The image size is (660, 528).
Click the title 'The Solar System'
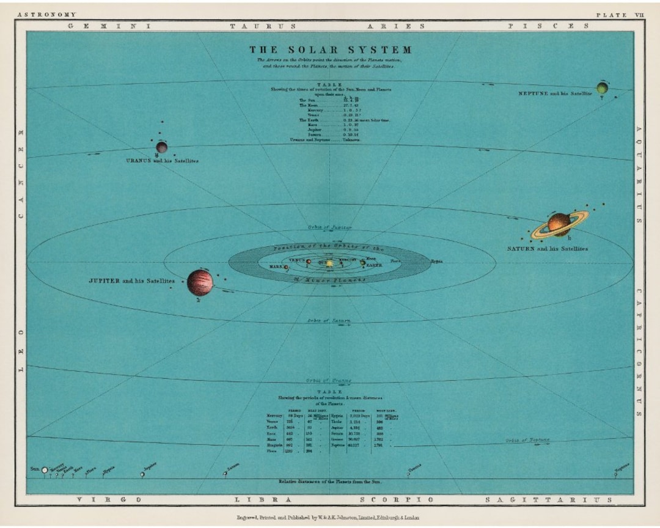330,50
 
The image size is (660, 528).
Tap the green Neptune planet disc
602,89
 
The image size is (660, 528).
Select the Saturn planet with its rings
559,224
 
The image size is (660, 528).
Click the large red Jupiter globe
200,282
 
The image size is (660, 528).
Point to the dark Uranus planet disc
161,147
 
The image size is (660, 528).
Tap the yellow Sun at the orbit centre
329,263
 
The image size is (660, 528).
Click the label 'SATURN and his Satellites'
547,249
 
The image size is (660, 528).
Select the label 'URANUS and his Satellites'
161,161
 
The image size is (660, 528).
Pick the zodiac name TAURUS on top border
263,26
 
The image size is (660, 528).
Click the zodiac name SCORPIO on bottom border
398,499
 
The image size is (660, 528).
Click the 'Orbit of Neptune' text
527,440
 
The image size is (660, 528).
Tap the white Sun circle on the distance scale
45,470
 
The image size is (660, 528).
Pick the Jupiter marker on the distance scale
142,474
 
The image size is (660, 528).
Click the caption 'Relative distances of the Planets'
330,482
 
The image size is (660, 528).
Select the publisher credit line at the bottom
328,517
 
